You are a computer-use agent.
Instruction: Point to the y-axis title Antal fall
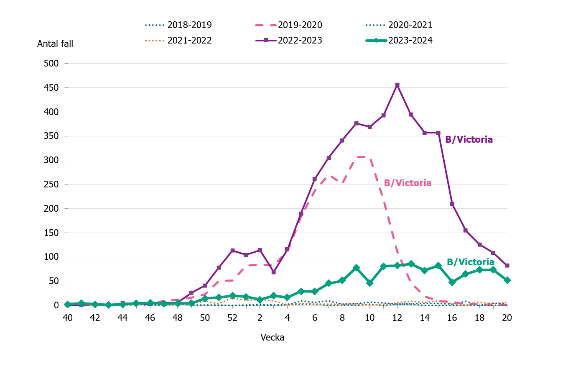(55, 44)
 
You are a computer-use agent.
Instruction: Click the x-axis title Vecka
(273, 338)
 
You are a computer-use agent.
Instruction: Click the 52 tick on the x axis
(232, 318)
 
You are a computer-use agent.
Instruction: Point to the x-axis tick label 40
(68, 318)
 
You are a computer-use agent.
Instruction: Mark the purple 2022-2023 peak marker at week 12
(397, 85)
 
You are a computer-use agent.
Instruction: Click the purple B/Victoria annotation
(469, 140)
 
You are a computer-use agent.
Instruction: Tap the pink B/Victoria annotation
(408, 183)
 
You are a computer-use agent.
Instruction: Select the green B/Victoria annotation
(470, 262)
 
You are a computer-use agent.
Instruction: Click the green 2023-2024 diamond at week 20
(507, 280)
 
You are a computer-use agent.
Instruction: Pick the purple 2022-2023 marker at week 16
(452, 204)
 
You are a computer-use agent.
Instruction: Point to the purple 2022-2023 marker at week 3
(273, 272)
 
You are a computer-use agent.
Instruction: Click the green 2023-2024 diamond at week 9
(356, 268)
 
